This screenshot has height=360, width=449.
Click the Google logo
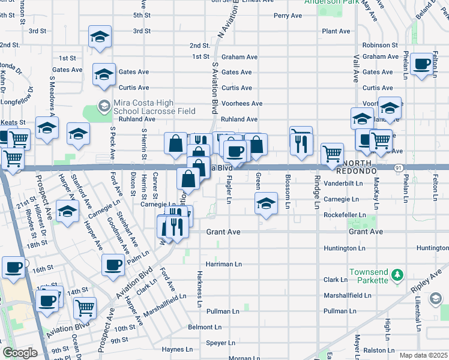(19, 353)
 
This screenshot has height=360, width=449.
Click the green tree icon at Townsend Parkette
(396, 275)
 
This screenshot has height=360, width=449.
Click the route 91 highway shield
(399, 168)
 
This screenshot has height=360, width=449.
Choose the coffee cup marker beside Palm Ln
(113, 265)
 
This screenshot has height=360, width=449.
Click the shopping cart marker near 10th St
(85, 308)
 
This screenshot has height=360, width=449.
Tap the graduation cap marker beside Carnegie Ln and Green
(265, 203)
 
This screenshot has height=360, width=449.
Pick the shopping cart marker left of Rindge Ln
(332, 154)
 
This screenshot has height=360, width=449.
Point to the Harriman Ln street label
(223, 264)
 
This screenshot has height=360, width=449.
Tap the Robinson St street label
(380, 45)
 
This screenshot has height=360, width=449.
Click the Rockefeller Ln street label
(345, 215)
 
